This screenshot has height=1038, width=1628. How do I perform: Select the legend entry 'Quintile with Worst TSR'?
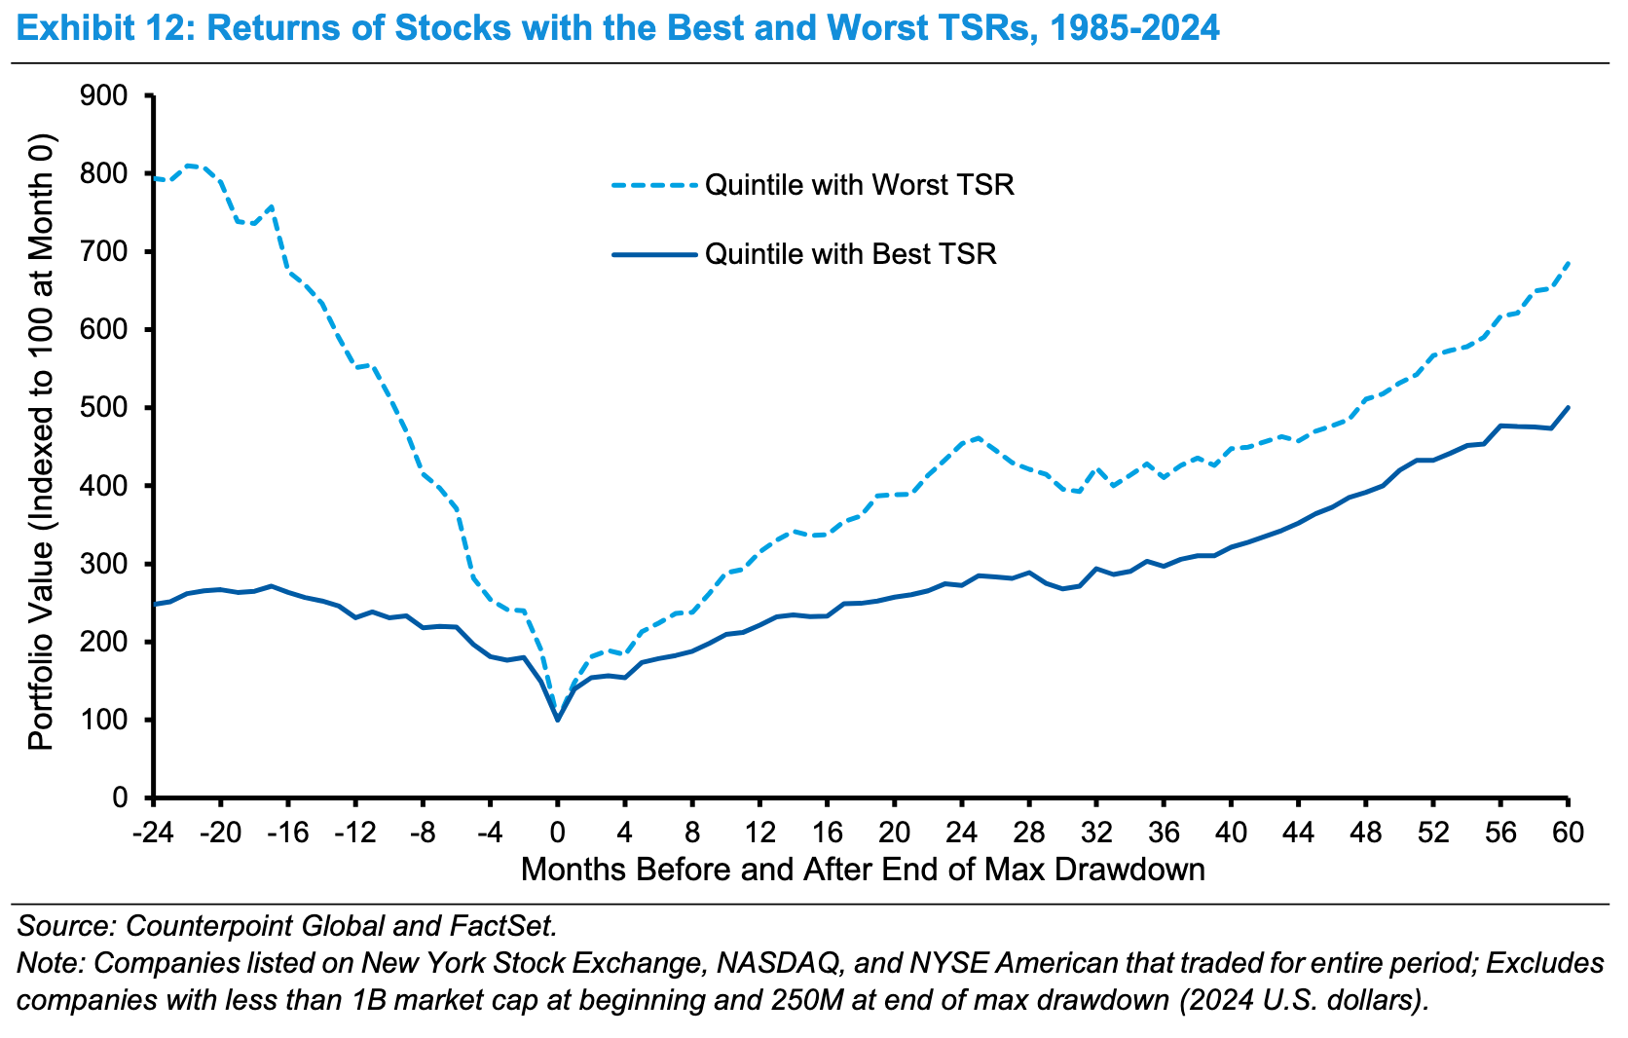pyautogui.click(x=859, y=184)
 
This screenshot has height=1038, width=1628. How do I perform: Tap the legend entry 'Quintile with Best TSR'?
pyautogui.click(x=850, y=254)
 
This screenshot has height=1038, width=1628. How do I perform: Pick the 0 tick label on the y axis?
pyautogui.click(x=120, y=798)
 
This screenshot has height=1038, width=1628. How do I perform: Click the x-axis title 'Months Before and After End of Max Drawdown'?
pyautogui.click(x=863, y=869)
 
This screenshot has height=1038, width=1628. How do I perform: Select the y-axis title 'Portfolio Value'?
pyautogui.click(x=40, y=443)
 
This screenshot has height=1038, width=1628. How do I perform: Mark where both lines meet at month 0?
pyautogui.click(x=558, y=720)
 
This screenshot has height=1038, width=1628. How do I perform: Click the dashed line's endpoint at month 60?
pyautogui.click(x=1568, y=262)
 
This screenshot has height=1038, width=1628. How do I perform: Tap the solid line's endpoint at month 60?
pyautogui.click(x=1568, y=407)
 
